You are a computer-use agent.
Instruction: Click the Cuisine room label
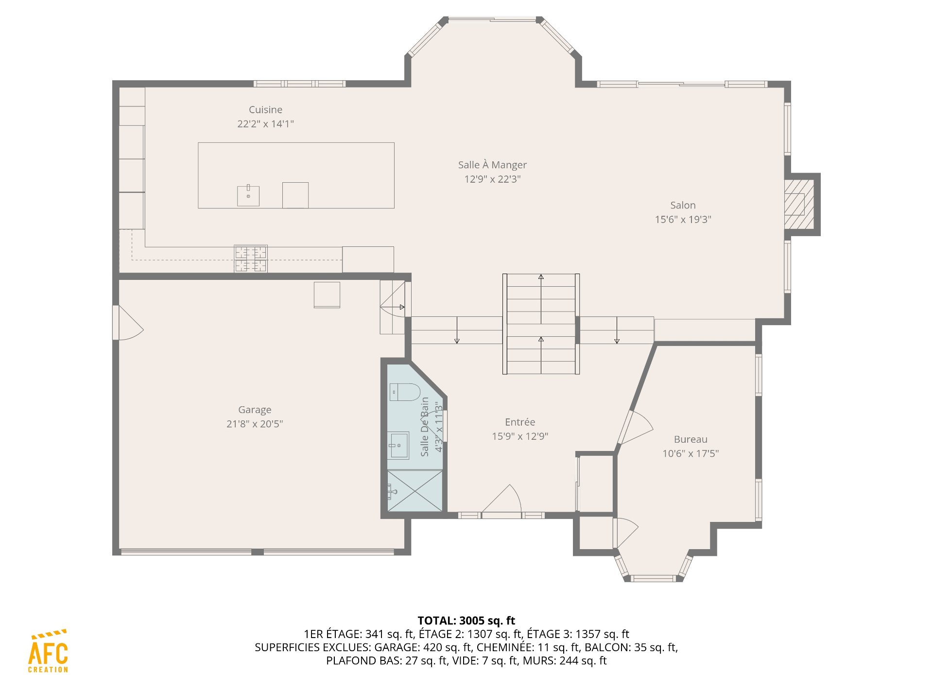265,110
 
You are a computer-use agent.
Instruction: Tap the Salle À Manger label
492,165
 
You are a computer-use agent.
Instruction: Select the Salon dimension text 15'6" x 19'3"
683,219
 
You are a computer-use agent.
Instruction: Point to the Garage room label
255,410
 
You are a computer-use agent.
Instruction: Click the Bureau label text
691,439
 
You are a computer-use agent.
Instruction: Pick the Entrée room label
520,422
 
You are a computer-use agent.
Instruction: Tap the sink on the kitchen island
248,195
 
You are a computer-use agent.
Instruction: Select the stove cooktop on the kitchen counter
251,259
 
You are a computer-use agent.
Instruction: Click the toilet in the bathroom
405,392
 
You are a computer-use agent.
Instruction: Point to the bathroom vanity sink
398,445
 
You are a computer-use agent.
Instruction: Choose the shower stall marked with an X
415,491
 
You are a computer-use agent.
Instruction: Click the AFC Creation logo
48,651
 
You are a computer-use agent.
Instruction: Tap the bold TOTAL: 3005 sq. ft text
466,621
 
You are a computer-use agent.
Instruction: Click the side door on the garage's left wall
128,323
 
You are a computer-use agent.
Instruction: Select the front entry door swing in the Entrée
501,499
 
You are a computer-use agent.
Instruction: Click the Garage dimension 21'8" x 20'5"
255,424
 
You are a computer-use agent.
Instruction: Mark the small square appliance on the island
295,195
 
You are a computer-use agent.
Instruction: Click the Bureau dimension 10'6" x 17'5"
691,453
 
